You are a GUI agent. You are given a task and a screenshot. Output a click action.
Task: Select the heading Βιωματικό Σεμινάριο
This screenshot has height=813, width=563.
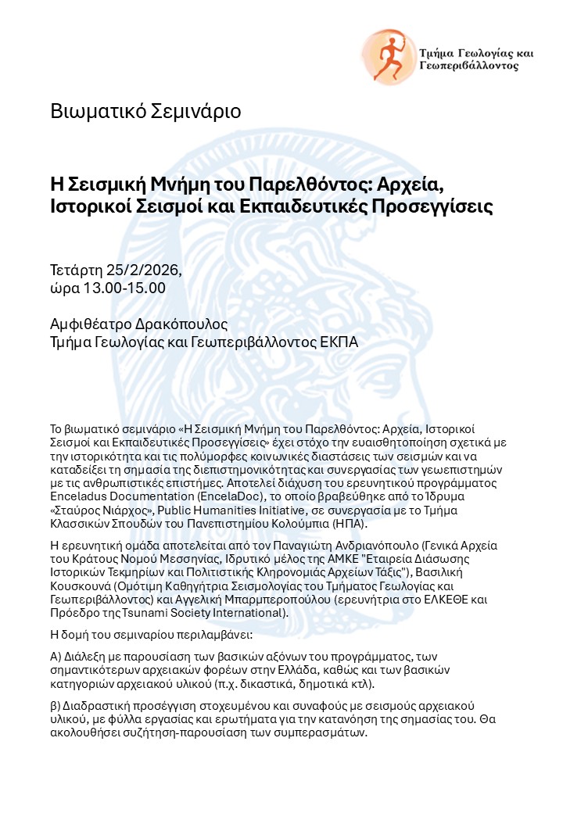[145, 111]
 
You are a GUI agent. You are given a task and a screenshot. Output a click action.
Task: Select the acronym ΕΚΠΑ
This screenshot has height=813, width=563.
[336, 342]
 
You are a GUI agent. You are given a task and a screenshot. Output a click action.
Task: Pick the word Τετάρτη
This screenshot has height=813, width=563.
[77, 270]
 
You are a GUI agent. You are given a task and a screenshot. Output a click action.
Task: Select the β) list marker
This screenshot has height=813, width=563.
[56, 705]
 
